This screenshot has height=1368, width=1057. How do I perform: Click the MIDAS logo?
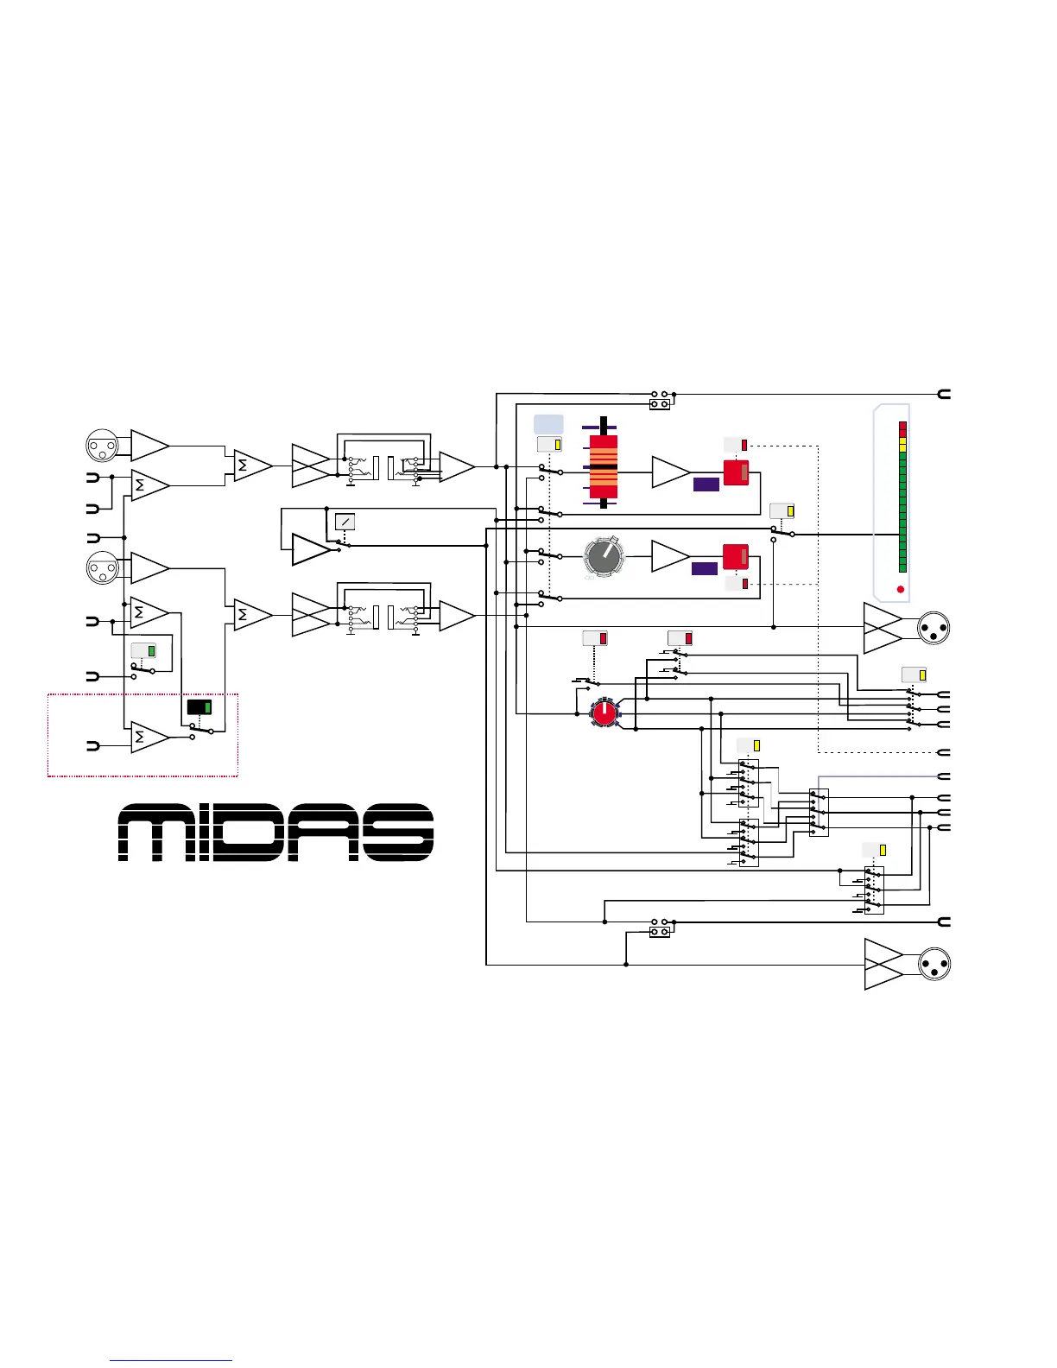(x=275, y=833)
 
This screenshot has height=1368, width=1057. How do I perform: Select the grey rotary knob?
(x=603, y=555)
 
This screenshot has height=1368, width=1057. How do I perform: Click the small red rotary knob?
(x=604, y=712)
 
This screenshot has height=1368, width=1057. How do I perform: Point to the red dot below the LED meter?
(x=901, y=590)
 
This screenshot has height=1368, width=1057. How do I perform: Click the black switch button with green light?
(x=199, y=707)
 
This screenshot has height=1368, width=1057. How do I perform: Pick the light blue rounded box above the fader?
(x=548, y=423)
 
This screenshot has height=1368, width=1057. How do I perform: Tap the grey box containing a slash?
(x=345, y=522)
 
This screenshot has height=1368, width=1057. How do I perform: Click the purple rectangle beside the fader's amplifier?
(x=706, y=484)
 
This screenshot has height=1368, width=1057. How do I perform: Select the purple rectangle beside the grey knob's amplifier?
(x=704, y=568)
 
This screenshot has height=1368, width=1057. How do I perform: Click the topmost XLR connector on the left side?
(x=102, y=446)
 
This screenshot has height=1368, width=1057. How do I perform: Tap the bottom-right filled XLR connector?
(x=934, y=964)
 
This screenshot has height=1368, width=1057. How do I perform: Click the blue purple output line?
(x=881, y=776)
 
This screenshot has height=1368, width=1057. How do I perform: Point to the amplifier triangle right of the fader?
(x=669, y=472)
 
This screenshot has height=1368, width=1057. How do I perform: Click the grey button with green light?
(x=143, y=651)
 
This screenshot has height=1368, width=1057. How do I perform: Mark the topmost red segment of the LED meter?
(x=902, y=426)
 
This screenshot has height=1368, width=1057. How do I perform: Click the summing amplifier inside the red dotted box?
(x=149, y=738)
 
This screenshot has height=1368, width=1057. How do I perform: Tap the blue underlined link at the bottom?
(x=171, y=1360)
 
